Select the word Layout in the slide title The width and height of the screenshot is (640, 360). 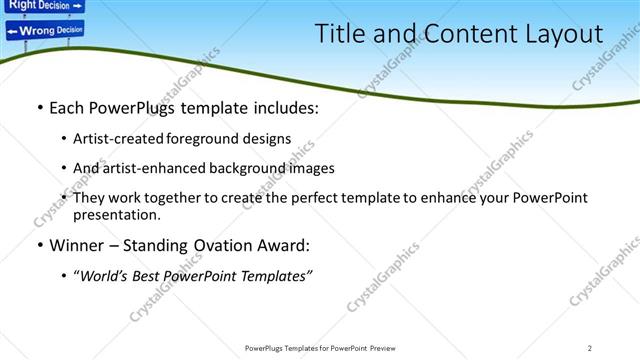560,34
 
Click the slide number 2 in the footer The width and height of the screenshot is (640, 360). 590,347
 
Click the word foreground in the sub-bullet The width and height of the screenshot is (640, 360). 204,139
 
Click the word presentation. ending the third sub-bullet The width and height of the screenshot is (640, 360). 117,214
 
